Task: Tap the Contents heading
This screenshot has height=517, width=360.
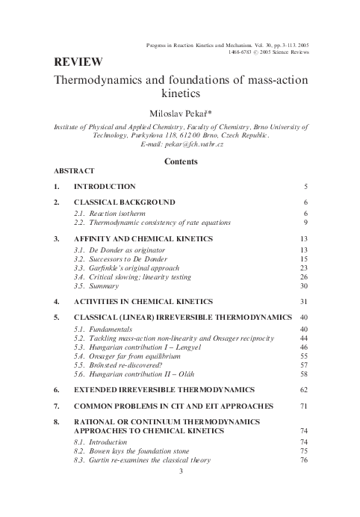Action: [x=180, y=161]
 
